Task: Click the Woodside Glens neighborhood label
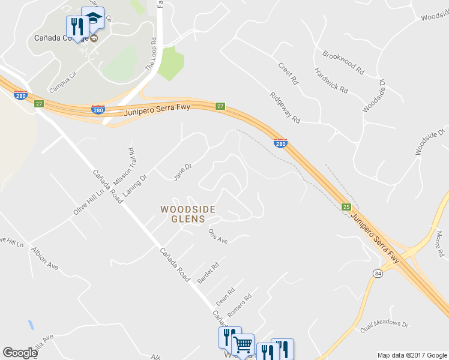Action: click(187, 214)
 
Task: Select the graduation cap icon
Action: click(92, 18)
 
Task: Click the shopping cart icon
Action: click(243, 344)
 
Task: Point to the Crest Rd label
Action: click(288, 72)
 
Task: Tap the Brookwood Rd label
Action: click(343, 62)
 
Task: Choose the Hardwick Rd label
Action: click(331, 80)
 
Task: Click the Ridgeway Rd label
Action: click(285, 107)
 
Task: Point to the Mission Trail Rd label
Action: click(134, 166)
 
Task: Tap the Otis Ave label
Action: click(218, 236)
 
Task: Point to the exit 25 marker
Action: click(346, 207)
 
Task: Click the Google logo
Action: click(20, 353)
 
